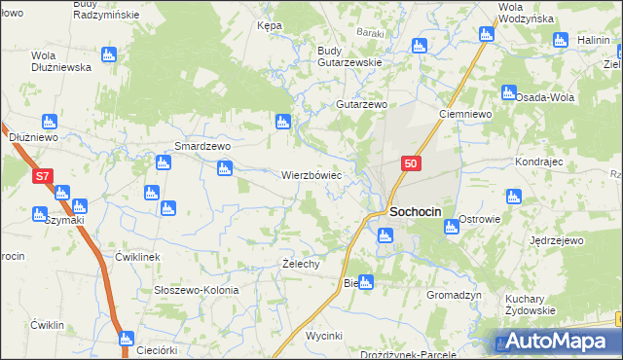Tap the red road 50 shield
coord(411,164)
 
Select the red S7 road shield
coord(42,177)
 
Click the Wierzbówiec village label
coord(311,176)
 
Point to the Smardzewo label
coord(202,146)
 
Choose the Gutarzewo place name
coord(362,104)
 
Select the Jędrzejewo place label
coord(556,239)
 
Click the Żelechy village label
coord(301,265)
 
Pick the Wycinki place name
coord(324,336)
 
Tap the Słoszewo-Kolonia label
coord(196,291)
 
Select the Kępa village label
coord(269,25)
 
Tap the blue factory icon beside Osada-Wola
coord(508,92)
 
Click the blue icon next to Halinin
coord(560,40)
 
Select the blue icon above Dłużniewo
coord(49,122)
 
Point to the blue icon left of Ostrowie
coord(451,227)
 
